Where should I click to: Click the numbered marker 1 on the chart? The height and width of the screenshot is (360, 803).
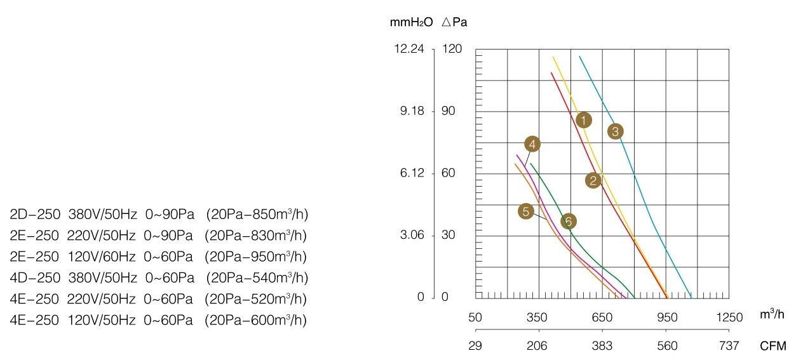point(584,120)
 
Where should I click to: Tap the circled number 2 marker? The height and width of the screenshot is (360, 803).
point(593,180)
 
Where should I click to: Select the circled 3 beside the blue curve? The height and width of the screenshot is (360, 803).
point(616,131)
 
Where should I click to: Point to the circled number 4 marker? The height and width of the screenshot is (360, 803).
point(532,144)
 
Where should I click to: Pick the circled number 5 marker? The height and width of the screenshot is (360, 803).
point(526,211)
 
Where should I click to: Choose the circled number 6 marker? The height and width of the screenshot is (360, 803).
point(569,222)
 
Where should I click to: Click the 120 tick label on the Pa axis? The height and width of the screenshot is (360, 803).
point(452,49)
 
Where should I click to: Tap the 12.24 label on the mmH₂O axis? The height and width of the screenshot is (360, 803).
point(409,49)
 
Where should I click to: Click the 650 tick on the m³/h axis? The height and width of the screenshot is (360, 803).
point(602,317)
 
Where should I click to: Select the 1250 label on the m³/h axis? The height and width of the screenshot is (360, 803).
point(729,317)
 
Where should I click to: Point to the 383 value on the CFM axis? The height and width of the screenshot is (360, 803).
point(602,345)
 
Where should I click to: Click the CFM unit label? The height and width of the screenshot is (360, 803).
point(773,345)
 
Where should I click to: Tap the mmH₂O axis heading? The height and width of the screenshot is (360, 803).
point(411,22)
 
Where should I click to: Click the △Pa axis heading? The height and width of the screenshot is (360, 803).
point(455,22)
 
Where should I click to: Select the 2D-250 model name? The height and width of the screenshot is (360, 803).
point(35,214)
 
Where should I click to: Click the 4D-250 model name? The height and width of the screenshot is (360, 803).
point(35,277)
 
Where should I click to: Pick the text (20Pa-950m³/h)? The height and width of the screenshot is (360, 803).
point(255,257)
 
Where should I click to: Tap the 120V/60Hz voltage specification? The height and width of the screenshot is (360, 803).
point(102,257)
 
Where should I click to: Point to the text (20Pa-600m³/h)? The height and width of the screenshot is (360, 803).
point(255,320)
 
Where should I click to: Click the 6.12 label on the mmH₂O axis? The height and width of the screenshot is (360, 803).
point(412,173)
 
